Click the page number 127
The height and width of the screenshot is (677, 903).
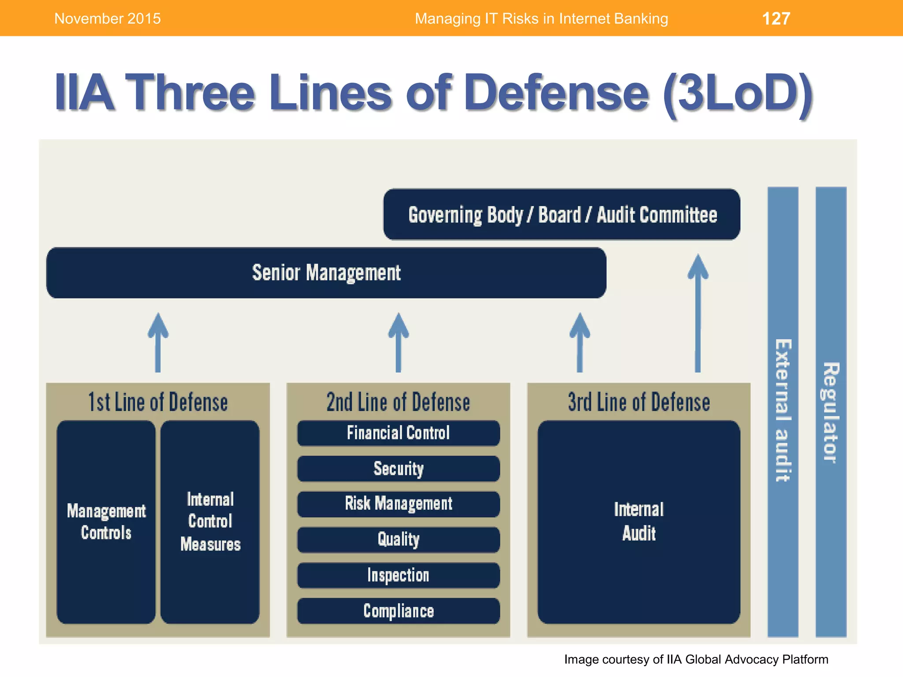coord(776,19)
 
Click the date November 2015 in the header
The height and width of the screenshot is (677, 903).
coord(108,19)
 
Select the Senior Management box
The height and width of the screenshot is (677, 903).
coord(326,273)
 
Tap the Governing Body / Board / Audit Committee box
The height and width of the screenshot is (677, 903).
coord(562,215)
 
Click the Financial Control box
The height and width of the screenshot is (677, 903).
coord(398,433)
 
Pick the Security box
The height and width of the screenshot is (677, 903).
coord(398,469)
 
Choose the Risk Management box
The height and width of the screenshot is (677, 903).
coord(398,504)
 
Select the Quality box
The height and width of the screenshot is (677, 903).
coord(398,539)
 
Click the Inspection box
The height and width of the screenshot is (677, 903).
coord(398,575)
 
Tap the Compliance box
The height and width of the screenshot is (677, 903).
coord(398,611)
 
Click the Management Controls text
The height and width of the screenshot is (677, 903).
coord(106,522)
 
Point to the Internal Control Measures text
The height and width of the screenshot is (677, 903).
coord(210,522)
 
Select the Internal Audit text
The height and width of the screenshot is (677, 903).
coord(639,521)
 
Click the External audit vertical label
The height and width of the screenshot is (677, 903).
coord(783,410)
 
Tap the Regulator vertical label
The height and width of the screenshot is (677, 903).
coord(831,412)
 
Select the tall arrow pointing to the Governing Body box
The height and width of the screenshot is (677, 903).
coord(698,313)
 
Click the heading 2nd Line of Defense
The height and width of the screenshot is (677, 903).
coord(398,402)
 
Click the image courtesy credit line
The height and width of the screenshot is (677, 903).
coord(696,659)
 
